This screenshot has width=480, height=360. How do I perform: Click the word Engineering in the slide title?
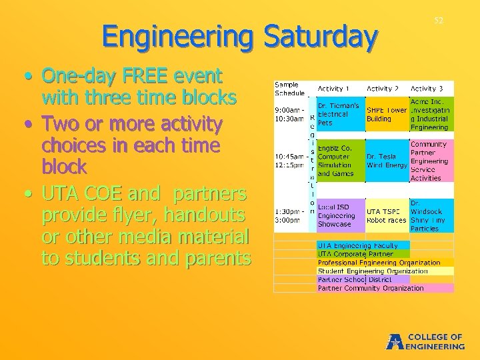click(x=177, y=37)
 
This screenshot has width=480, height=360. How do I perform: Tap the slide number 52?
click(x=439, y=21)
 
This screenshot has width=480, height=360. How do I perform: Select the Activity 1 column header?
click(x=333, y=89)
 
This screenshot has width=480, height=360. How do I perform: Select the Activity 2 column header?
click(x=383, y=89)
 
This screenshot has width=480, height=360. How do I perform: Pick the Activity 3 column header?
click(x=427, y=89)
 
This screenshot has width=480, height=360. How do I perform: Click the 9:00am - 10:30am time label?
click(x=291, y=115)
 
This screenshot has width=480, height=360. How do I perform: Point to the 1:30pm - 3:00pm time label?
click(x=291, y=215)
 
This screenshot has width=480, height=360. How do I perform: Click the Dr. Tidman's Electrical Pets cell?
click(x=339, y=114)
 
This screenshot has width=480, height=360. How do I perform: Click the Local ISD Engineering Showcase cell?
click(x=339, y=215)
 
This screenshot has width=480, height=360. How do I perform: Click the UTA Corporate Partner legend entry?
click(x=355, y=254)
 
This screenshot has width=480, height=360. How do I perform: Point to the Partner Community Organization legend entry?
click(x=371, y=289)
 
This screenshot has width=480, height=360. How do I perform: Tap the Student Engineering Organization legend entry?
click(x=373, y=271)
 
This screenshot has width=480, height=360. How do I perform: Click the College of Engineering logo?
click(x=426, y=341)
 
